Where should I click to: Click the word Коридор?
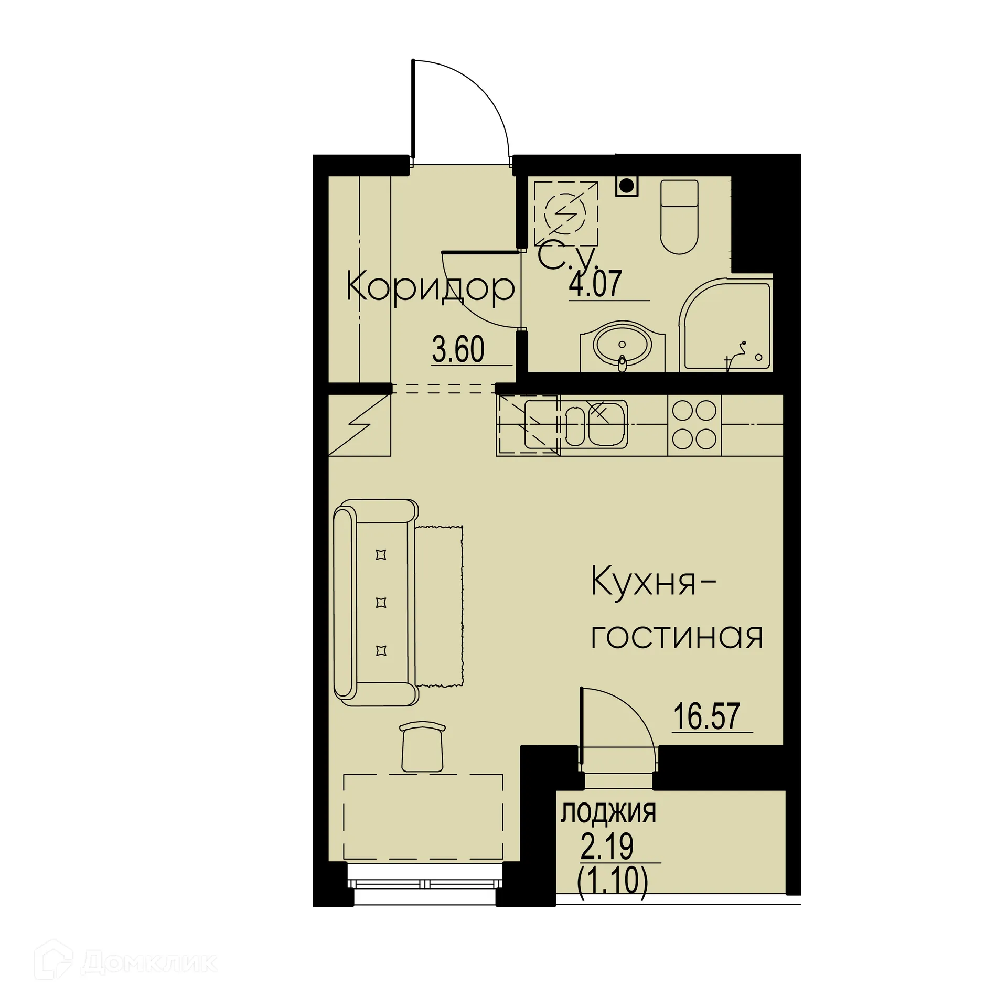[x=430, y=288]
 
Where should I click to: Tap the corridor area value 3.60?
[x=458, y=350]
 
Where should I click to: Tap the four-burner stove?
[x=694, y=425]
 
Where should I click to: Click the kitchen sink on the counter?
[x=595, y=425]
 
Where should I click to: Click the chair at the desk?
[x=422, y=747]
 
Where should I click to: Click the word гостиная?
[x=677, y=636]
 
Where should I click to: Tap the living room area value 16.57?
[x=706, y=716]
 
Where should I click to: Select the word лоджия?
[x=608, y=813]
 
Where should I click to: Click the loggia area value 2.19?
[x=607, y=846]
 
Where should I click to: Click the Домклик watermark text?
[x=149, y=962]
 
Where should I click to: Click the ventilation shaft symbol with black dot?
[x=626, y=185]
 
